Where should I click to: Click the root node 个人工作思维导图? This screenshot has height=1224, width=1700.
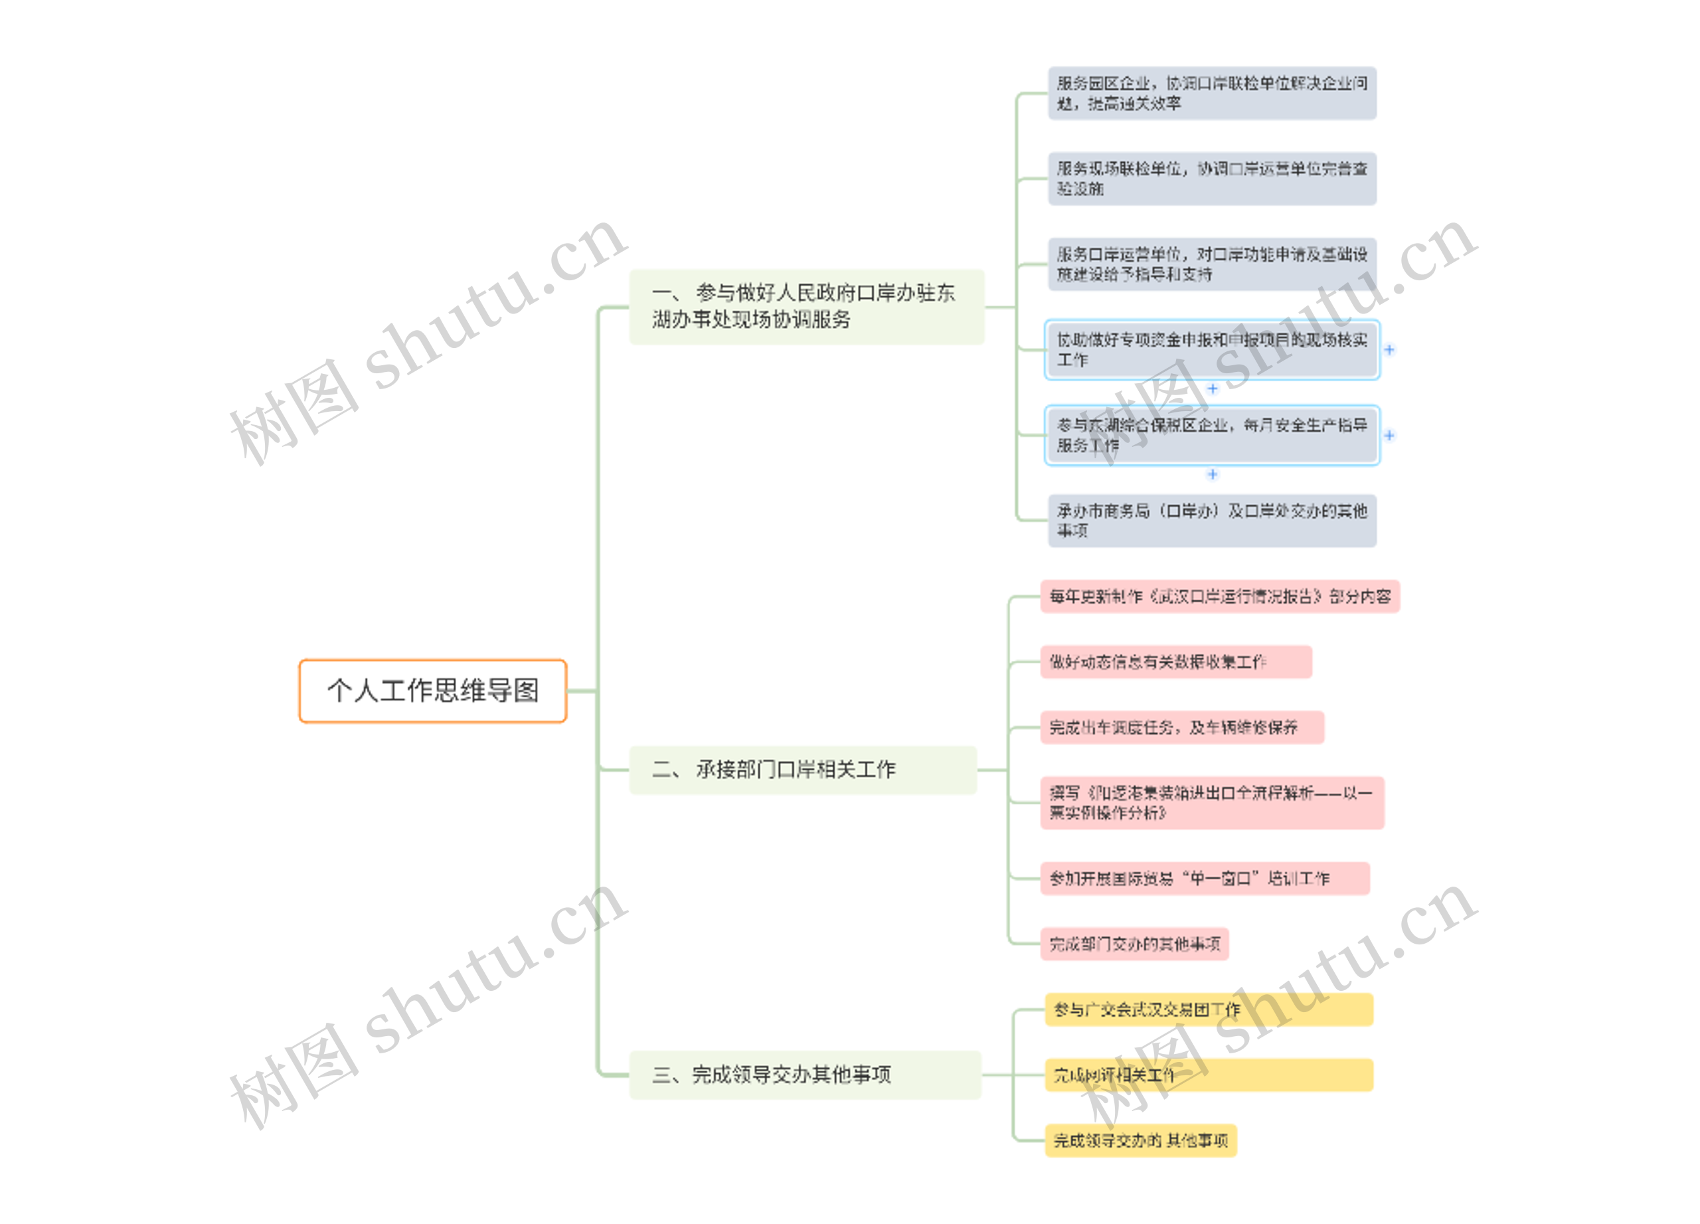point(432,690)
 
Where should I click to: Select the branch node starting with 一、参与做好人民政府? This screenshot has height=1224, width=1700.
point(806,307)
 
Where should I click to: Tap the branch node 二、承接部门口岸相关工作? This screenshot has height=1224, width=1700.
point(802,770)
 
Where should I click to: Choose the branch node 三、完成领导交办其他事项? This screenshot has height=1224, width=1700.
point(804,1075)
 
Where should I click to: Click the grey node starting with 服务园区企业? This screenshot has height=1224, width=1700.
point(1211,94)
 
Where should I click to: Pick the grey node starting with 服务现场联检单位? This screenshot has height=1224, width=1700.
point(1211,179)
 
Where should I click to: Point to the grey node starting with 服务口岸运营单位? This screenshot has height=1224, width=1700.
point(1211,264)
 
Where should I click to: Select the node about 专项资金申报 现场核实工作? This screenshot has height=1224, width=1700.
point(1211,350)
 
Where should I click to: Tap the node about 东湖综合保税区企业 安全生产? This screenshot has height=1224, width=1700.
point(1211,436)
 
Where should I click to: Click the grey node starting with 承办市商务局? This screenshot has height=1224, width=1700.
point(1211,521)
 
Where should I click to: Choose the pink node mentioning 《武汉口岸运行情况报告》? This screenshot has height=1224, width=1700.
point(1219,596)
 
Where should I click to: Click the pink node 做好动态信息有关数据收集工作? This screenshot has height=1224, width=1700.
point(1175,662)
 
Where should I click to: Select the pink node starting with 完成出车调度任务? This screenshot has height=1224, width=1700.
point(1181,727)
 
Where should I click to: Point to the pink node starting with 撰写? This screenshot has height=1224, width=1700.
point(1211,803)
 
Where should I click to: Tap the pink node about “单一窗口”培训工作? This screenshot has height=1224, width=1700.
point(1205,879)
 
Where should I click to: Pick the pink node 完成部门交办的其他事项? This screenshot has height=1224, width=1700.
point(1134,944)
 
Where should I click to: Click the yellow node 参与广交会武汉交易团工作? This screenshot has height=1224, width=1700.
point(1209,1009)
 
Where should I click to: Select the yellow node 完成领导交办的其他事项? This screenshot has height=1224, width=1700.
point(1140,1141)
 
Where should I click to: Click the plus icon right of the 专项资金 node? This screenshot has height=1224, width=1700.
point(1389,350)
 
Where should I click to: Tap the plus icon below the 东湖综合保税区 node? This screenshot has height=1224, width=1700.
point(1212,474)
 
